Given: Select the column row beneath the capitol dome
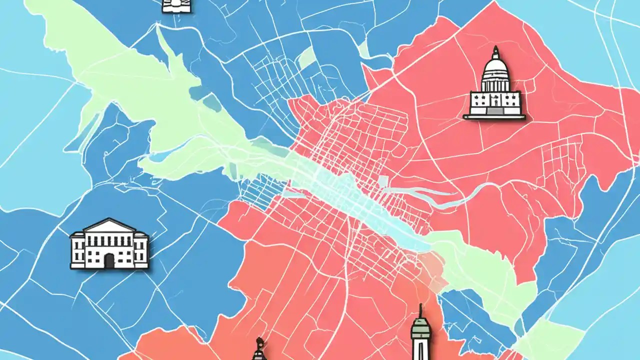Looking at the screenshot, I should point(495,84).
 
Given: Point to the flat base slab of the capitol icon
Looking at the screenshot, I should point(494,117).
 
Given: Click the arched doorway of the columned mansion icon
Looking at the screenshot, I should point(109,260).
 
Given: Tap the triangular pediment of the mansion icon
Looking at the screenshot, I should point(109,226).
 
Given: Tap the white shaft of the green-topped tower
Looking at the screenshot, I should point(421,347).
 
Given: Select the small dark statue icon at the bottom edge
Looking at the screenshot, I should point(259,350).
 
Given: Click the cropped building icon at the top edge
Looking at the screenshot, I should point(177,6).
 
